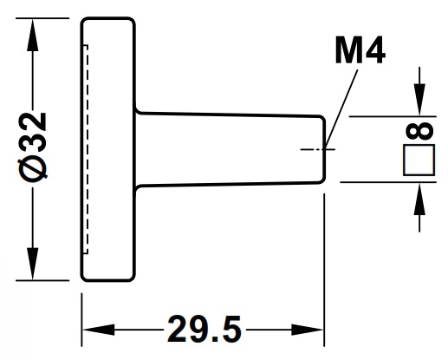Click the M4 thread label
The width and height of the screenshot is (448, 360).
click(x=360, y=52)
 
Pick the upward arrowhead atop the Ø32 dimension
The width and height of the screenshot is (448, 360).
click(x=34, y=30)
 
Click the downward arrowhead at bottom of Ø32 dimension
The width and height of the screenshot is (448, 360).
click(x=34, y=266)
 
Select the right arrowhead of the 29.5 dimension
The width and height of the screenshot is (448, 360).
click(x=313, y=331)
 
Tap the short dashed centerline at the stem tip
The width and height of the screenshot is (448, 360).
click(x=313, y=149)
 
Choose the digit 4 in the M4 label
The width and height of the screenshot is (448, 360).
click(x=373, y=52)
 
